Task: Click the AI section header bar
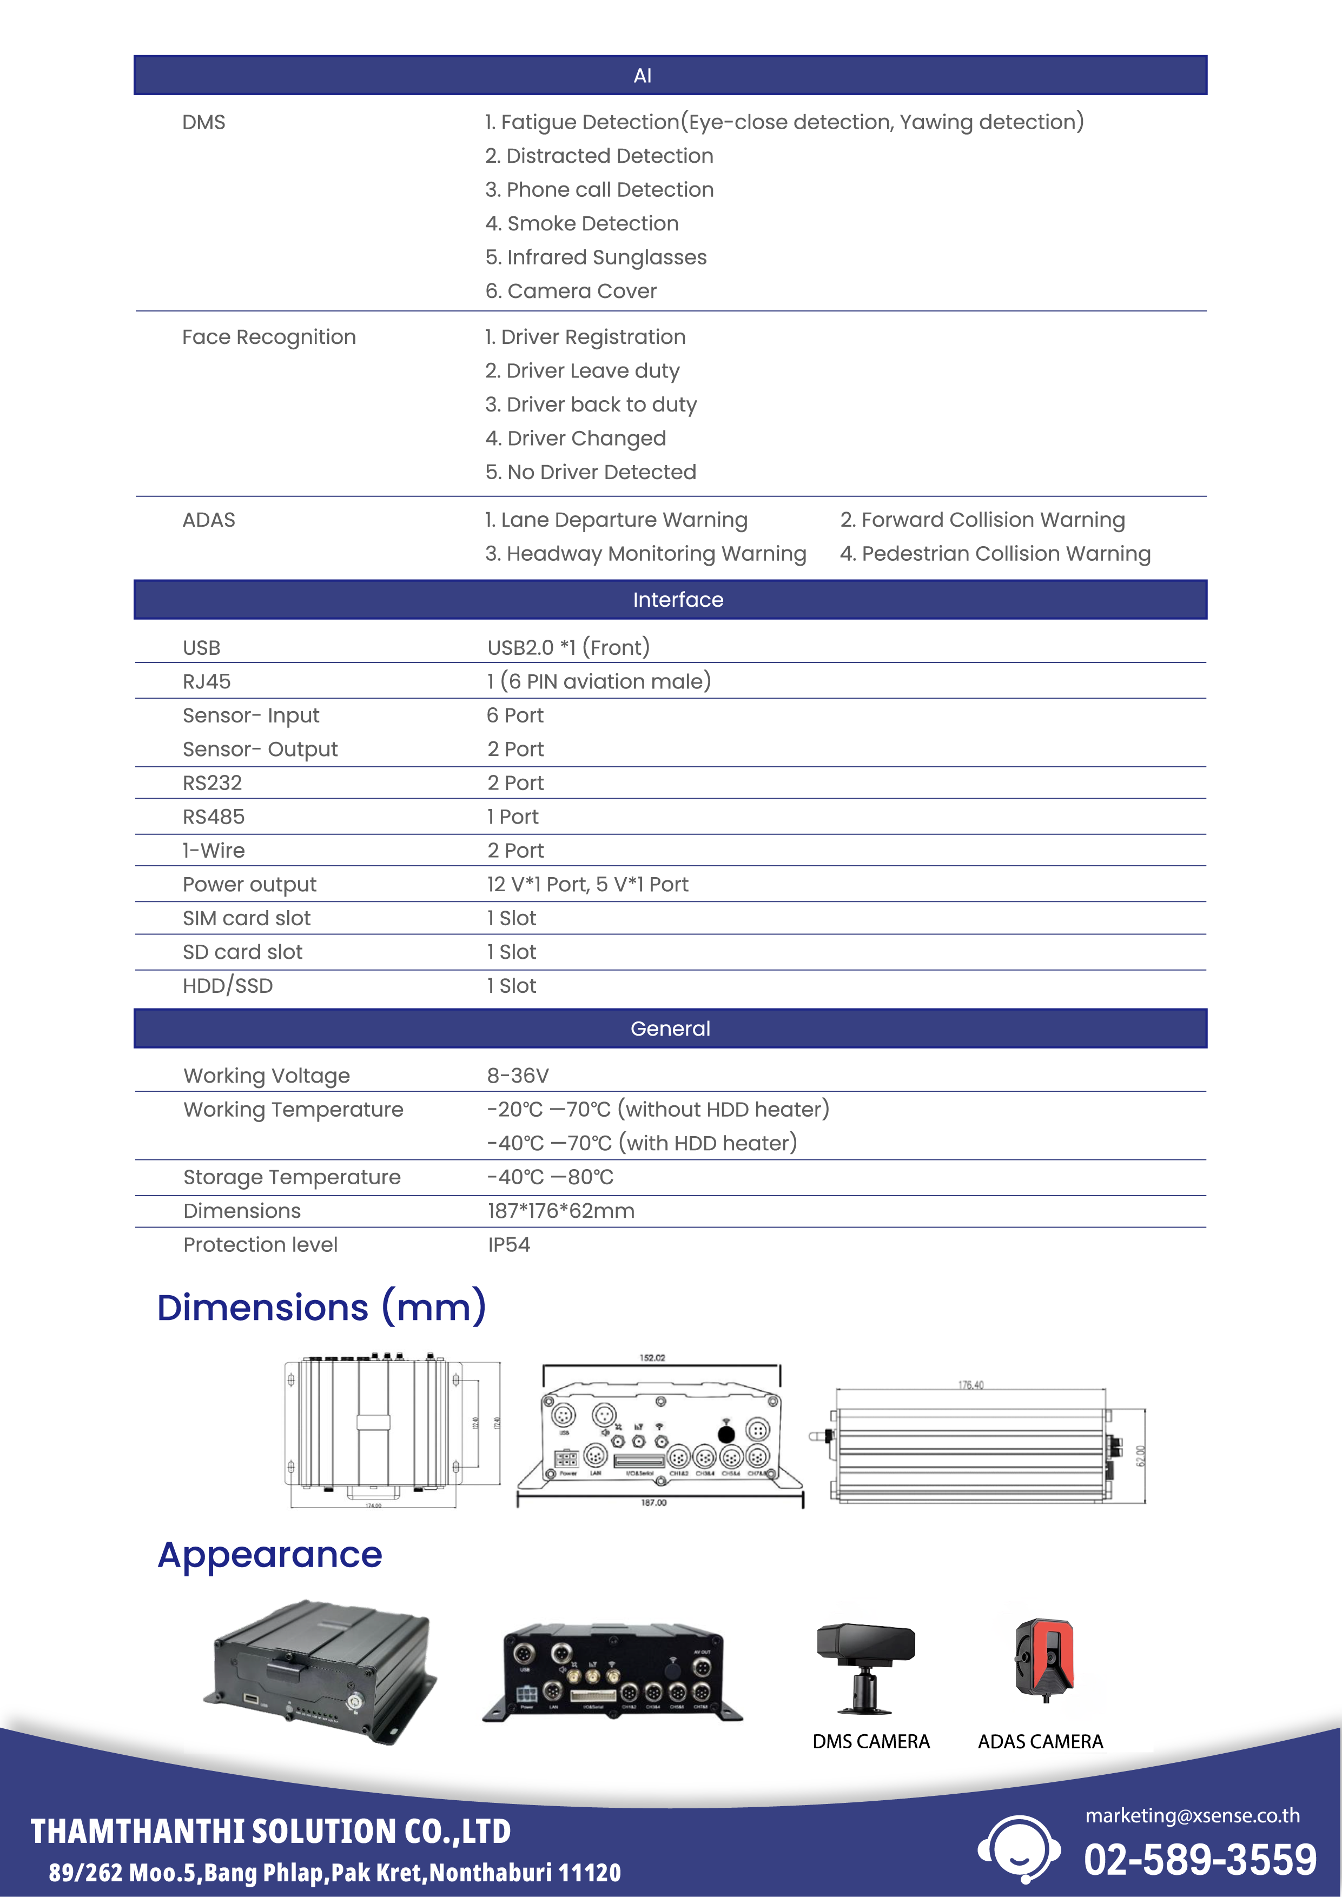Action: [x=670, y=75]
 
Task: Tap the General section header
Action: [x=670, y=1028]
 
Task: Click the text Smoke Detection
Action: [x=582, y=223]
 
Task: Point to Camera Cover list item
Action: [x=571, y=291]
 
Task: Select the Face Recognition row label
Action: [x=269, y=337]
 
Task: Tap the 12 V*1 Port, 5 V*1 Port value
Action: [x=587, y=884]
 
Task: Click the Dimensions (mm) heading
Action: [x=321, y=1307]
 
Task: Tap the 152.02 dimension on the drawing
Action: [x=652, y=1357]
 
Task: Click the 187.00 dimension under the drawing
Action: [x=653, y=1502]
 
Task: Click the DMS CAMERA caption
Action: [x=871, y=1742]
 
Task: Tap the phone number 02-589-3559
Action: [x=1200, y=1860]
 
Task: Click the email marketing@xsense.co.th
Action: [x=1192, y=1815]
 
